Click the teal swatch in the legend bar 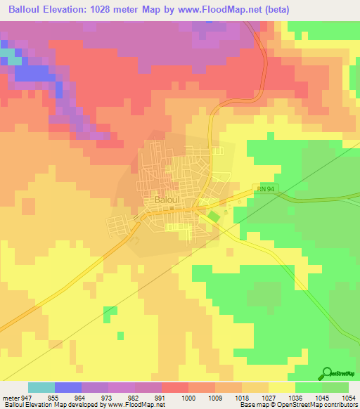[41, 387]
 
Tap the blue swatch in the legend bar [68, 387]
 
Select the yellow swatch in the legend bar [281, 387]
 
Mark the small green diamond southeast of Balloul [213, 216]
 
